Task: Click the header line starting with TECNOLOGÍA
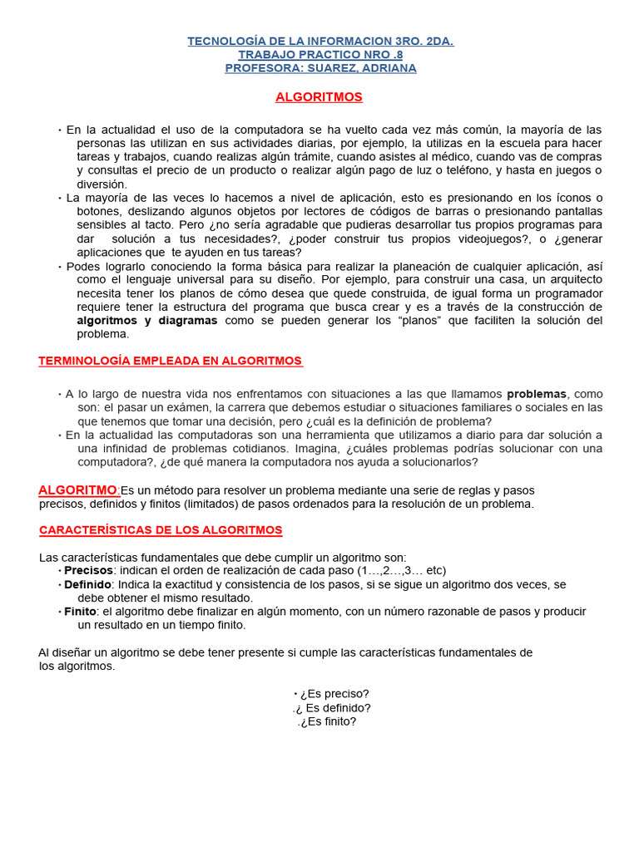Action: pos(320,41)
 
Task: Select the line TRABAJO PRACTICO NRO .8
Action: pos(320,54)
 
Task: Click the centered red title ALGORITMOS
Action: pos(319,97)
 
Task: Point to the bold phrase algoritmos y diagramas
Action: pos(147,320)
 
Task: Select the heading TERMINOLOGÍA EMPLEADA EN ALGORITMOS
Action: pos(171,361)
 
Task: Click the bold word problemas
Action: pos(537,393)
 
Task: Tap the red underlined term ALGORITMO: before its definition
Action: pos(79,489)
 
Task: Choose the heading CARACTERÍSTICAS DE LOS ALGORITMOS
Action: pos(161,530)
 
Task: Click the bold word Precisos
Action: pos(88,570)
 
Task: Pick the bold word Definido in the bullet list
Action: pos(88,584)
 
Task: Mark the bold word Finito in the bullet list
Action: pos(81,611)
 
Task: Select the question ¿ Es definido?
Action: pos(332,708)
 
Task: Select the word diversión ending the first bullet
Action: pos(102,184)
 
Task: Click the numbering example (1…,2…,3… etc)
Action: pos(401,570)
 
